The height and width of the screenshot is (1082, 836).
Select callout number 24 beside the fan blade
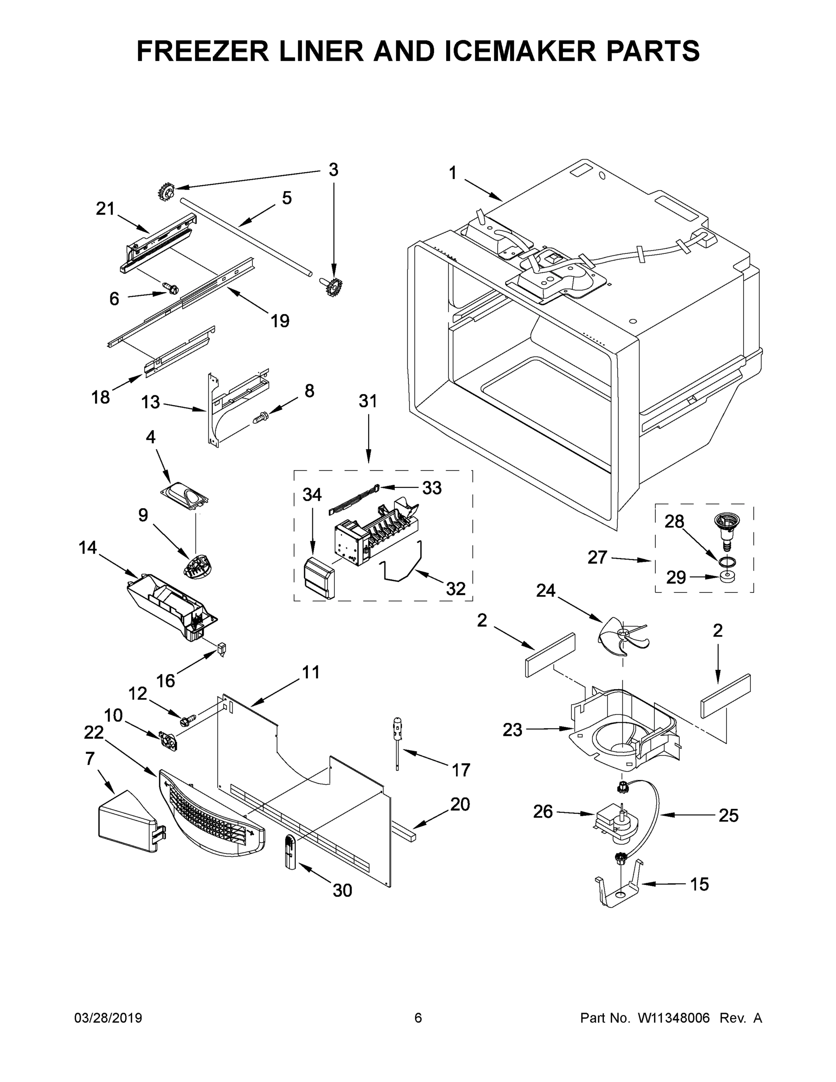click(546, 591)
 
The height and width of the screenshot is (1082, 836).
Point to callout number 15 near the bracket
click(699, 884)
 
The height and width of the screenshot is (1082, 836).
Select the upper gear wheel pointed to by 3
click(167, 191)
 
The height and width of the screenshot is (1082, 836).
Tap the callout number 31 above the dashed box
click(368, 401)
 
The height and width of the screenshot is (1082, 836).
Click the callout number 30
click(342, 890)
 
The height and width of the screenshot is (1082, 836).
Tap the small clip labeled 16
click(222, 648)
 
